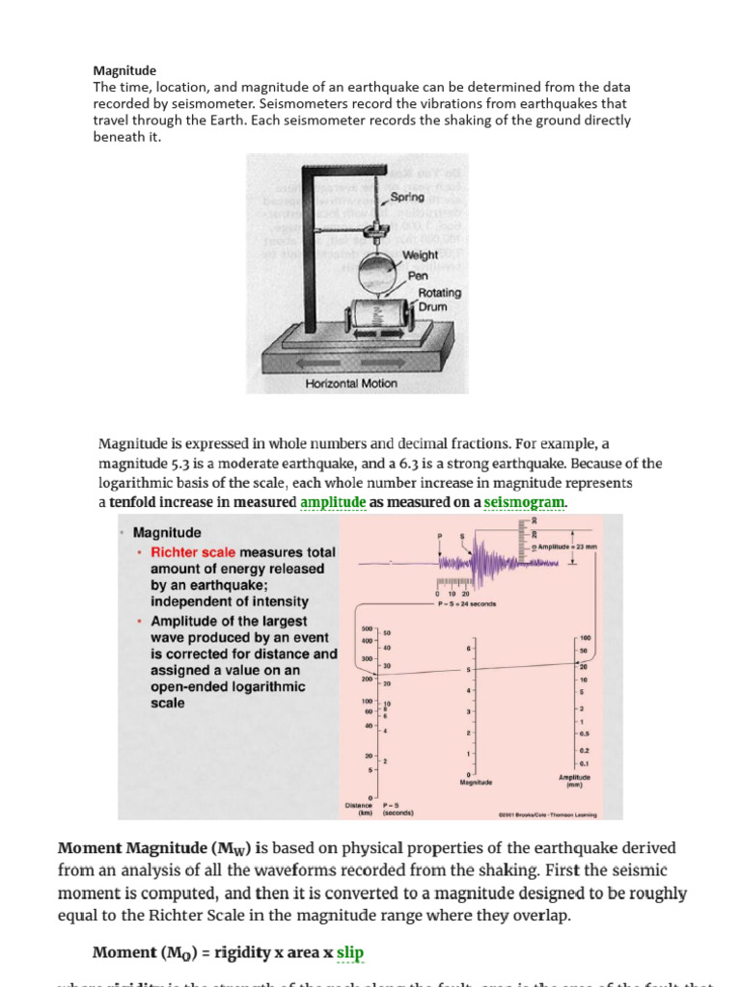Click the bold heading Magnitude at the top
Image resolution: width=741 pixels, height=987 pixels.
(x=124, y=70)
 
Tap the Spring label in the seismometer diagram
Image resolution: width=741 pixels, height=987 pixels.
(x=407, y=198)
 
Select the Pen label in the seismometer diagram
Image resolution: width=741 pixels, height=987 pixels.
(x=418, y=275)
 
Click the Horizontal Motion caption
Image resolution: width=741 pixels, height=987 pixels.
(x=351, y=384)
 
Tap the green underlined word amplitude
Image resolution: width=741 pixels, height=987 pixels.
(x=333, y=502)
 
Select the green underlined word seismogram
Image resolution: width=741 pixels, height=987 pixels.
(x=525, y=502)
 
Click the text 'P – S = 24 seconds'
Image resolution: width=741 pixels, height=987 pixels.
(x=466, y=604)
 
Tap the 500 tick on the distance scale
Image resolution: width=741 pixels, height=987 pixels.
(x=367, y=627)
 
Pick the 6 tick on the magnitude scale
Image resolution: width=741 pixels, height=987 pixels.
(x=468, y=648)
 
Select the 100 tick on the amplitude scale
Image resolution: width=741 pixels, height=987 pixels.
(x=585, y=638)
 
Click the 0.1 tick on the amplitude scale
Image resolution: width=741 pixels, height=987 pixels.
(x=585, y=762)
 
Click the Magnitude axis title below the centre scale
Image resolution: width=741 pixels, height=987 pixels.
(x=477, y=783)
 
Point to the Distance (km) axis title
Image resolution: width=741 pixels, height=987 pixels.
(x=359, y=810)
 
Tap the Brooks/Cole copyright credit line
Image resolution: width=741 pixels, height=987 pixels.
(x=547, y=814)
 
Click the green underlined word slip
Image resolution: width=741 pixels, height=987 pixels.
(x=350, y=953)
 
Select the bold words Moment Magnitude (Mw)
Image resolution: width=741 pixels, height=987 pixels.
(x=154, y=849)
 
